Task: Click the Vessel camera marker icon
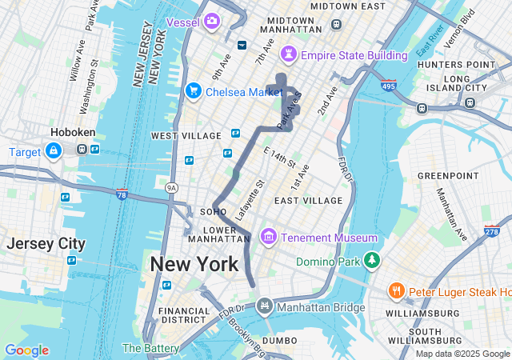click(211, 21)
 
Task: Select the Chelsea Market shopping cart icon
click(193, 91)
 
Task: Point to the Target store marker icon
click(54, 150)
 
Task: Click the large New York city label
click(194, 264)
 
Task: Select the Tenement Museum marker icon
click(267, 238)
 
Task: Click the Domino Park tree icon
click(371, 261)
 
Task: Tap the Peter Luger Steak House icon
click(396, 291)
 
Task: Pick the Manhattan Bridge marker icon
click(265, 306)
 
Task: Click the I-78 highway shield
click(122, 194)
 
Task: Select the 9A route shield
click(171, 187)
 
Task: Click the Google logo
click(26, 350)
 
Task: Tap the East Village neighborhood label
click(308, 200)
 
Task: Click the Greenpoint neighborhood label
click(447, 174)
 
